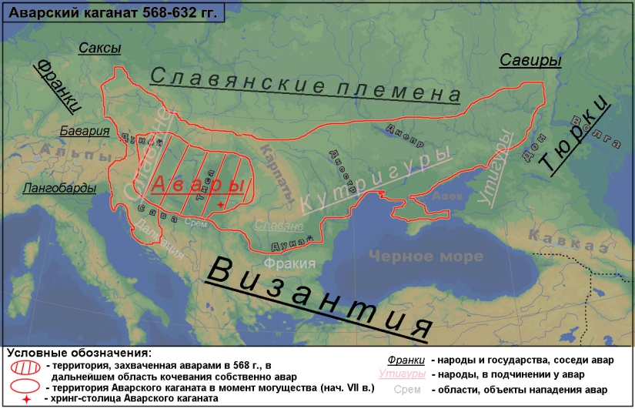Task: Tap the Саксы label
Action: (100, 49)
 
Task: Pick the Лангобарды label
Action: (60, 188)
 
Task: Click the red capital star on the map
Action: (222, 204)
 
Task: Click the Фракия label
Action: (289, 263)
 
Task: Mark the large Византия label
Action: (320, 297)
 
